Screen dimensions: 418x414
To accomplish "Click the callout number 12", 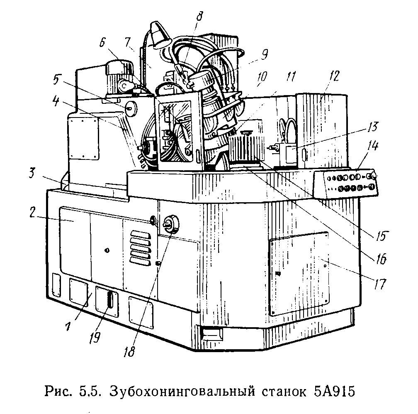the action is coord(334,76).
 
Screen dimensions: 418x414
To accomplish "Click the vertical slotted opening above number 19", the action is coord(110,299).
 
